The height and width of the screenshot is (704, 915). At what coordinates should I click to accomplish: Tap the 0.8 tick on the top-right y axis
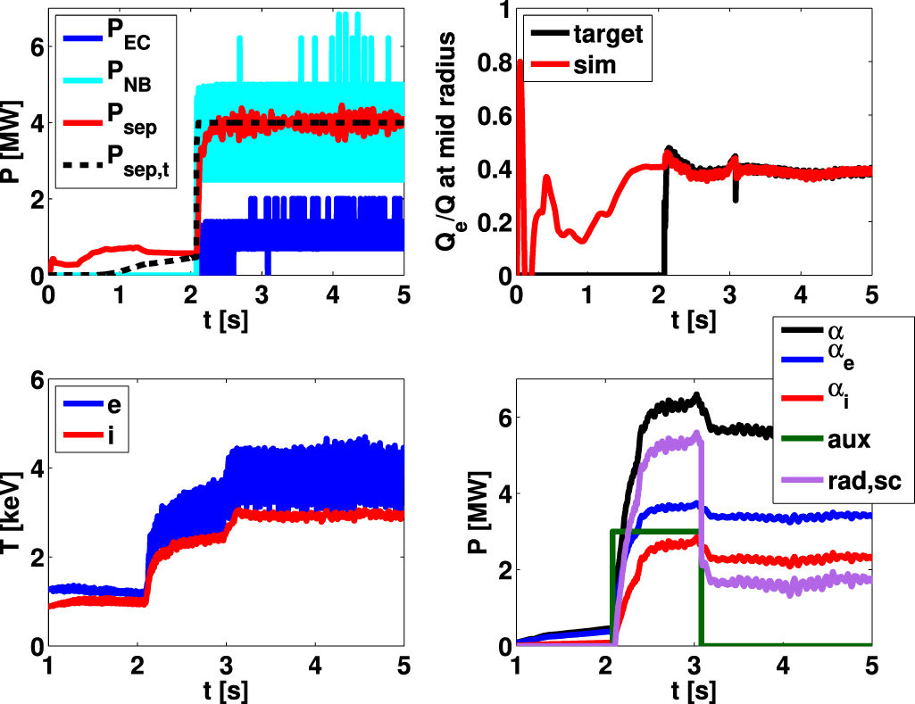(495, 63)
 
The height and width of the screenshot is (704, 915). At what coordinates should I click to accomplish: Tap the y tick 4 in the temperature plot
(33, 468)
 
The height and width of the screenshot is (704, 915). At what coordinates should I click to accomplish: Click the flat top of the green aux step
(656, 531)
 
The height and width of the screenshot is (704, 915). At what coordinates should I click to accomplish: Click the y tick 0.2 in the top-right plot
(495, 222)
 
